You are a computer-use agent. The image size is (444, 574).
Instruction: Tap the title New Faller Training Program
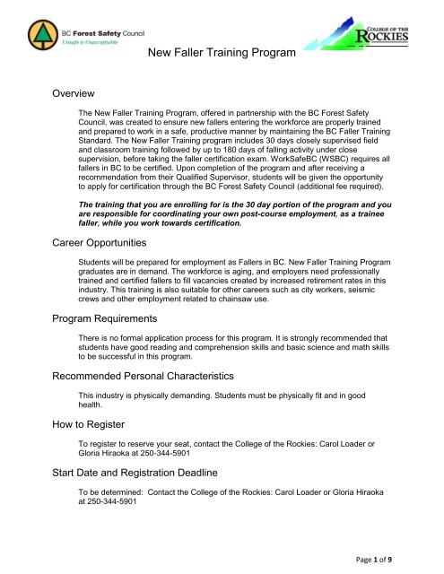point(221,55)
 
